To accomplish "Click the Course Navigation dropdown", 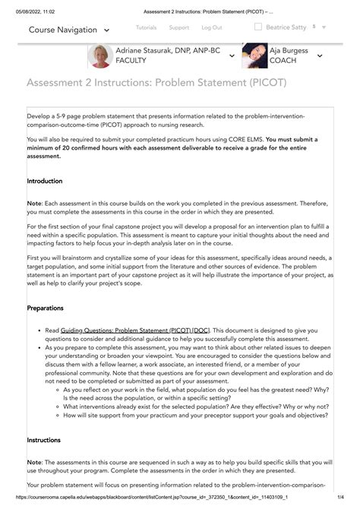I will (x=68, y=30).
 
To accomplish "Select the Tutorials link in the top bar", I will (x=146, y=27).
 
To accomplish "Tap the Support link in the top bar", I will (x=178, y=27).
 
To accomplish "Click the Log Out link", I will (x=212, y=27).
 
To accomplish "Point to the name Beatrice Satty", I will (x=286, y=27).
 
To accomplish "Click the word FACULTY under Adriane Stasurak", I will (x=131, y=60).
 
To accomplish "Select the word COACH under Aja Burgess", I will (x=283, y=60).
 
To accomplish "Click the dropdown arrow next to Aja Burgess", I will (x=319, y=55).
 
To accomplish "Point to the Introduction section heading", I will (x=45, y=182).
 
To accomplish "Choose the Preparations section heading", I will (x=46, y=308).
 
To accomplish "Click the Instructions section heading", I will (x=44, y=440).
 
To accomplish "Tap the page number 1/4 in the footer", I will (x=350, y=504).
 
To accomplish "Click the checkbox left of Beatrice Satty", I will (x=258, y=27).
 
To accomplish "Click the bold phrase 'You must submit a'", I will (x=296, y=140).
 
